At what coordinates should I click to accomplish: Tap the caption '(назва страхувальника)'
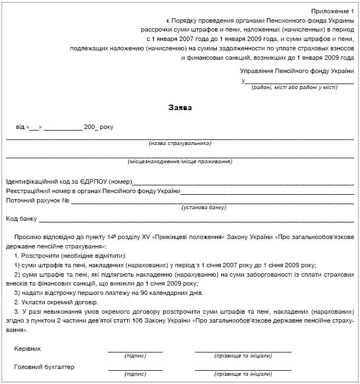click(180, 143)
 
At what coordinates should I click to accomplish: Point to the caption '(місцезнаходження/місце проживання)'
click(180, 162)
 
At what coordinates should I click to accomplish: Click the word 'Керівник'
click(27, 349)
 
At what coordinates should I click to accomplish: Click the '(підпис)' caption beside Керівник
click(135, 356)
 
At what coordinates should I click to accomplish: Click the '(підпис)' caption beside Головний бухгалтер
click(135, 374)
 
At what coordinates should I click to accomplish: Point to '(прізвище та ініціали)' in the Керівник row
click(243, 356)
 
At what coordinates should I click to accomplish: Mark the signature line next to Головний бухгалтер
click(135, 370)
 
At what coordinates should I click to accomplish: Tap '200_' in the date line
click(91, 127)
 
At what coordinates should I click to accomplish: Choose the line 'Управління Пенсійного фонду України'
click(297, 71)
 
